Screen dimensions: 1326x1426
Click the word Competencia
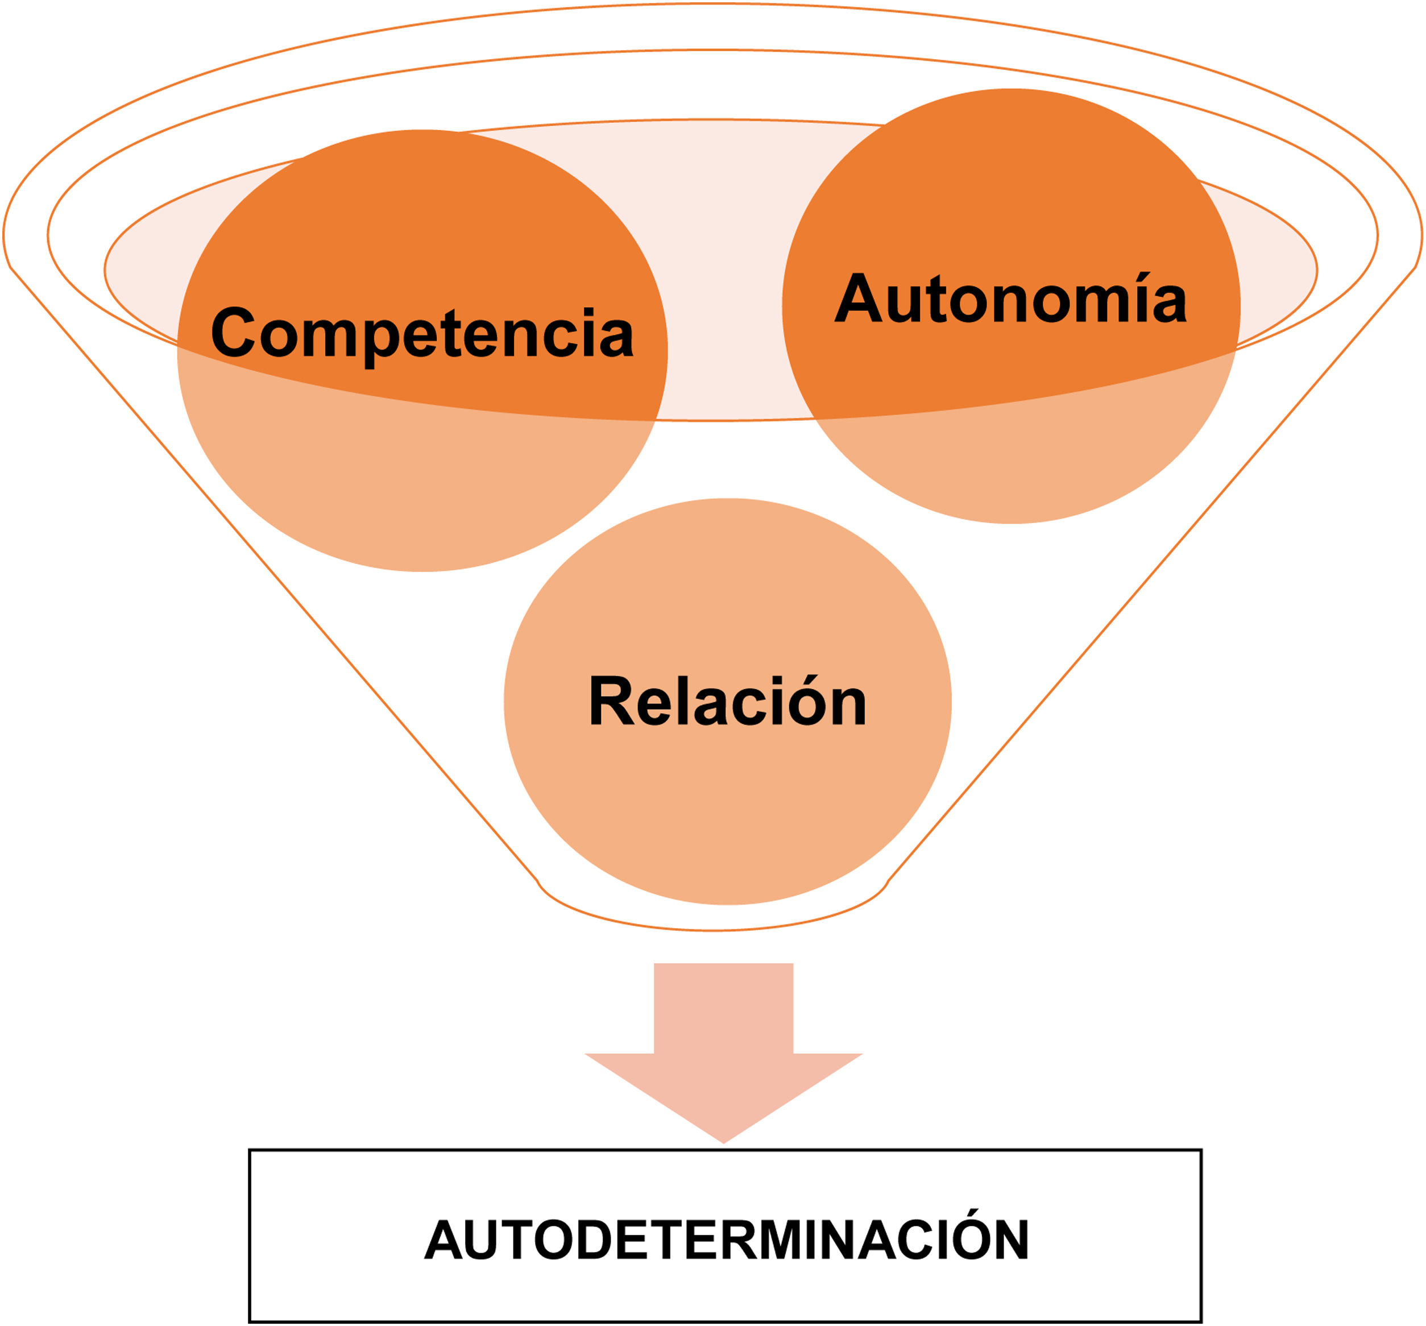pyautogui.click(x=422, y=334)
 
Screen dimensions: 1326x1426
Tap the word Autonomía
pyautogui.click(x=1010, y=299)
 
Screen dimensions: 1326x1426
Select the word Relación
pyautogui.click(x=727, y=702)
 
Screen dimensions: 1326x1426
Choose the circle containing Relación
pyautogui.click(x=727, y=803)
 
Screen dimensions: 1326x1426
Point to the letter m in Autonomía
pyautogui.click(x=1094, y=305)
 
